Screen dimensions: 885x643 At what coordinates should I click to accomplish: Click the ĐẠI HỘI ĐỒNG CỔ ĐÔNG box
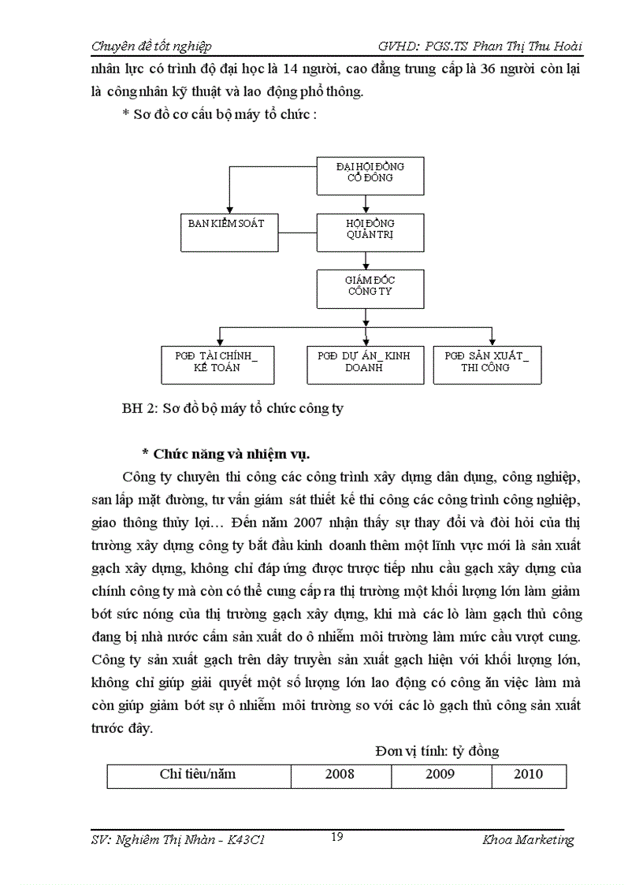click(x=370, y=176)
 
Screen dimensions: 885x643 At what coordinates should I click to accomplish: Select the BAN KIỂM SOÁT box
click(x=226, y=232)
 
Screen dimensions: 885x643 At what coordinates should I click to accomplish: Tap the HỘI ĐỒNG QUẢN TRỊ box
click(x=370, y=232)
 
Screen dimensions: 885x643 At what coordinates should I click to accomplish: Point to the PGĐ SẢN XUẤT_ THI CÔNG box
click(x=486, y=364)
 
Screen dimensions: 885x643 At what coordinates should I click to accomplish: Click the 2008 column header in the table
click(x=340, y=775)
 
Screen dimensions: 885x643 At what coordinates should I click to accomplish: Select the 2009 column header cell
click(x=440, y=775)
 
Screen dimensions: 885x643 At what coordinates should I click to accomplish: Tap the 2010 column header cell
click(x=528, y=775)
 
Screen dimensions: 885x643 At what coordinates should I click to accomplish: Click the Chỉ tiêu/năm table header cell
click(x=198, y=775)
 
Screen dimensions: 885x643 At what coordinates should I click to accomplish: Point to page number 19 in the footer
click(x=336, y=837)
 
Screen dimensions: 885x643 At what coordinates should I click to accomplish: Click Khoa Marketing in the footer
click(x=528, y=840)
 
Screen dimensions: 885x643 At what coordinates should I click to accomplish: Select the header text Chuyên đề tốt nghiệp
click(x=151, y=46)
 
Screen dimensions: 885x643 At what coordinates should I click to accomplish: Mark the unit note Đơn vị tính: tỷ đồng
click(x=436, y=751)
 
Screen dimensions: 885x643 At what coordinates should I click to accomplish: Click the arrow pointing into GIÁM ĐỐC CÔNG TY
click(x=366, y=264)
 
